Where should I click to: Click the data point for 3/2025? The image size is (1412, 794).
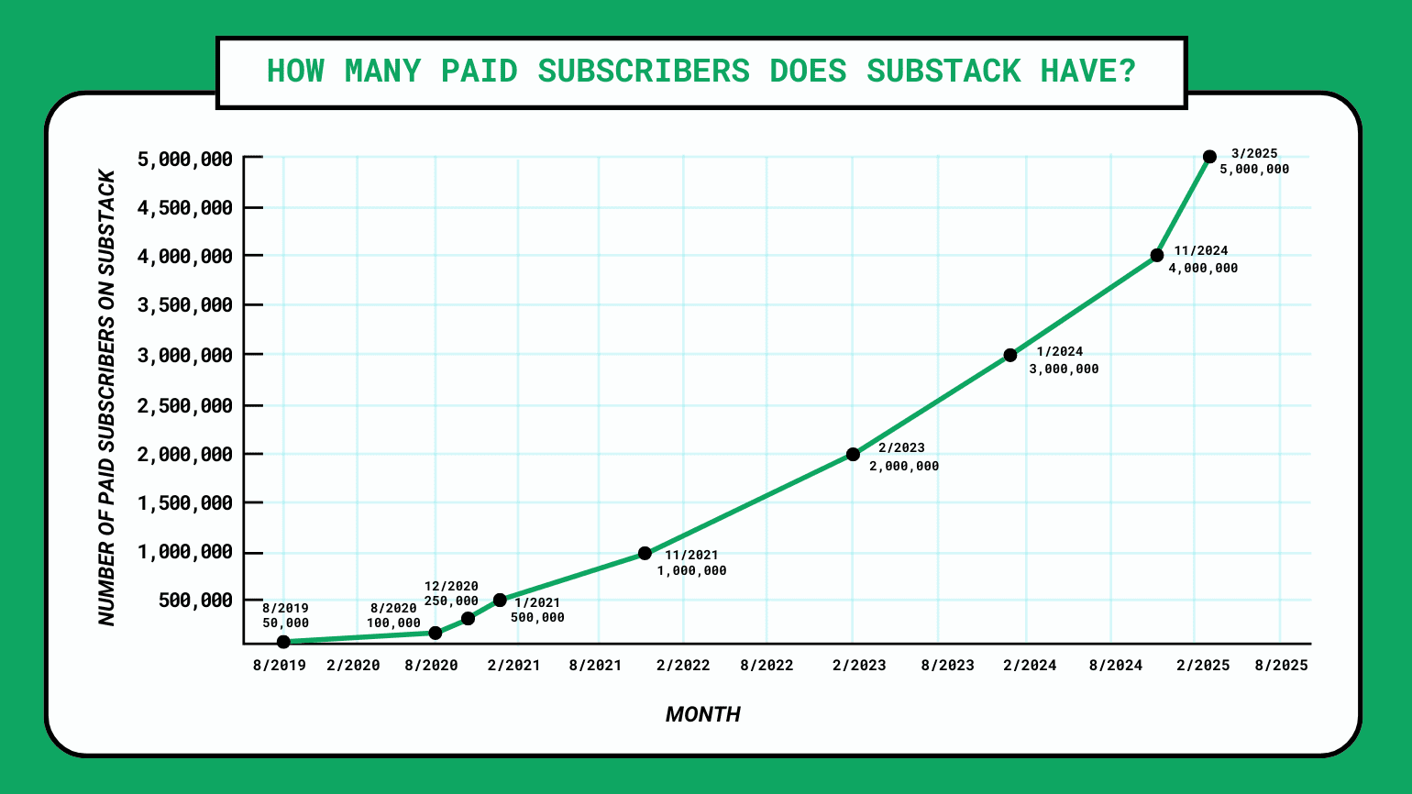click(1209, 157)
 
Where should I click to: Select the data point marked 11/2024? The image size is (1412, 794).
click(1157, 255)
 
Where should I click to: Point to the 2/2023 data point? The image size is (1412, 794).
click(853, 454)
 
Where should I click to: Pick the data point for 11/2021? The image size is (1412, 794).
click(645, 553)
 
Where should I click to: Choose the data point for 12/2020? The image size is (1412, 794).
click(468, 618)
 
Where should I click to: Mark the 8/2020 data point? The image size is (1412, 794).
click(436, 633)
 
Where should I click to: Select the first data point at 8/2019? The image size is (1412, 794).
click(283, 642)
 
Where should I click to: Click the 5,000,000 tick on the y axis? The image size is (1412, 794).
click(184, 160)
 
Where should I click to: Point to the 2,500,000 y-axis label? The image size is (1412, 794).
click(184, 405)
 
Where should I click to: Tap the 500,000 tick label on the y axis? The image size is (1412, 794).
click(196, 601)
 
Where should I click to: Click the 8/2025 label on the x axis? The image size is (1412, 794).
click(1281, 666)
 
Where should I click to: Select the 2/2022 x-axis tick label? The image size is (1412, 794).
click(683, 666)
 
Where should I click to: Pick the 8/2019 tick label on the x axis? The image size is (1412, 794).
click(281, 666)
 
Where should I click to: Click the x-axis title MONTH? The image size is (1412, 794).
click(702, 715)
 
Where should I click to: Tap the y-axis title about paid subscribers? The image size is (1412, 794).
click(107, 399)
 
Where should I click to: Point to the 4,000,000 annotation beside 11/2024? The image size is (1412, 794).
click(1203, 269)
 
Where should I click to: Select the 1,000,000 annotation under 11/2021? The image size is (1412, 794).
click(691, 571)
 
